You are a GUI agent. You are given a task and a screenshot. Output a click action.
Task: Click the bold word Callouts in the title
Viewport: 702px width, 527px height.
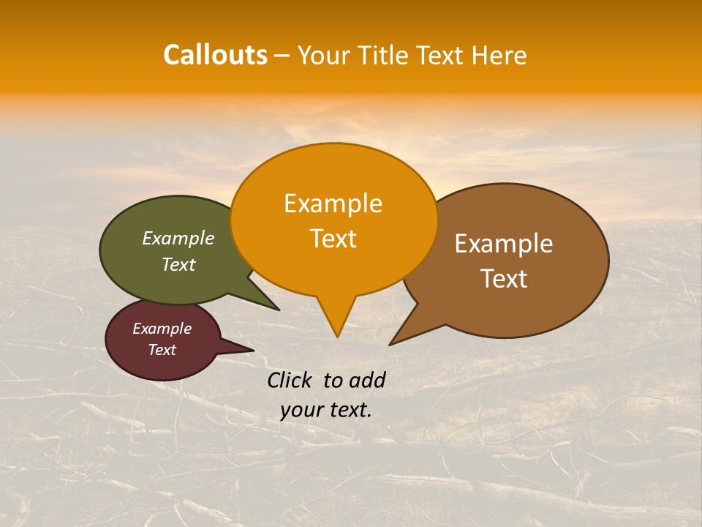(215, 55)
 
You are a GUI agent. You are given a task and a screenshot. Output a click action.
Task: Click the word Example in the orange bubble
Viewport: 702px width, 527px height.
(333, 203)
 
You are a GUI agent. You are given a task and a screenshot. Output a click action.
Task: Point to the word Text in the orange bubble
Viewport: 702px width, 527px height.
(333, 239)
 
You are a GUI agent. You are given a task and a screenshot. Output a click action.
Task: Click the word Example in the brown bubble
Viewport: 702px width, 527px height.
(504, 244)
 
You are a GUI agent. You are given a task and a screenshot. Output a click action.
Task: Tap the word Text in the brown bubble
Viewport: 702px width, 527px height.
(504, 279)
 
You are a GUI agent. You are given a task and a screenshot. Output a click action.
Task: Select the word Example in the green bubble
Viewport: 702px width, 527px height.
(178, 238)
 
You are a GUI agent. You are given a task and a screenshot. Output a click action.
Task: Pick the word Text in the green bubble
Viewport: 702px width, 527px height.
(178, 264)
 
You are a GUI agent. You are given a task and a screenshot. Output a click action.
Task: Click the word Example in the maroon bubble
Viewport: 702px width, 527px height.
(162, 329)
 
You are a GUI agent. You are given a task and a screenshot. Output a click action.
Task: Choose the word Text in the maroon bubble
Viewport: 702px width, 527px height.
(162, 350)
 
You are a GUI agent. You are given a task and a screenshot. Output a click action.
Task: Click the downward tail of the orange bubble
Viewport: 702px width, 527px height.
(336, 322)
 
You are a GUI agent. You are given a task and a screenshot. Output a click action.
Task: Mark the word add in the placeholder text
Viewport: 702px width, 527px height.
(367, 380)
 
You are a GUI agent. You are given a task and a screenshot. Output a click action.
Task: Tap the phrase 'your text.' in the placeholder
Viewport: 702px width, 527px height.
(326, 410)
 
